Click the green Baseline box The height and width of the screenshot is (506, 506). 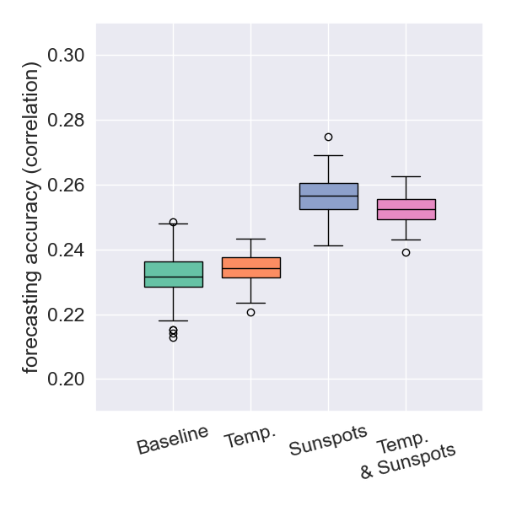coord(174,274)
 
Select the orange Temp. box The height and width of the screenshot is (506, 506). coord(251,267)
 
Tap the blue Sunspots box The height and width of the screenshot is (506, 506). coord(329,196)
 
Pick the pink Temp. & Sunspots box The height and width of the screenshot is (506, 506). coord(406,209)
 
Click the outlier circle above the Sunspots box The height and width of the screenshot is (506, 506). coord(329,137)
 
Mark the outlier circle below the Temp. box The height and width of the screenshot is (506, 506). coord(250,312)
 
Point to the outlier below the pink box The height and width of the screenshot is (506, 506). coord(406,252)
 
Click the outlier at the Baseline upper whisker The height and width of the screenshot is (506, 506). coord(174,222)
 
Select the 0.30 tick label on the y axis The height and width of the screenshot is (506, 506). coord(67,56)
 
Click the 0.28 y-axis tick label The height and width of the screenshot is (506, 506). coord(67,121)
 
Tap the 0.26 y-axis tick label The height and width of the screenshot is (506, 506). coord(67,186)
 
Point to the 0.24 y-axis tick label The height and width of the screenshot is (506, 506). coord(67,250)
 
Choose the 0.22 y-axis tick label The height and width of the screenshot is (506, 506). coord(67,315)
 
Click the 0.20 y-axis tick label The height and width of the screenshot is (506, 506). coord(67,379)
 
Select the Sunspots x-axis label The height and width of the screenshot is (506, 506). coord(328,440)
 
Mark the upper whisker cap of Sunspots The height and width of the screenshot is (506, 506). coord(329,155)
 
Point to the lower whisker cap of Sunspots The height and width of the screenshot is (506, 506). coord(329,245)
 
